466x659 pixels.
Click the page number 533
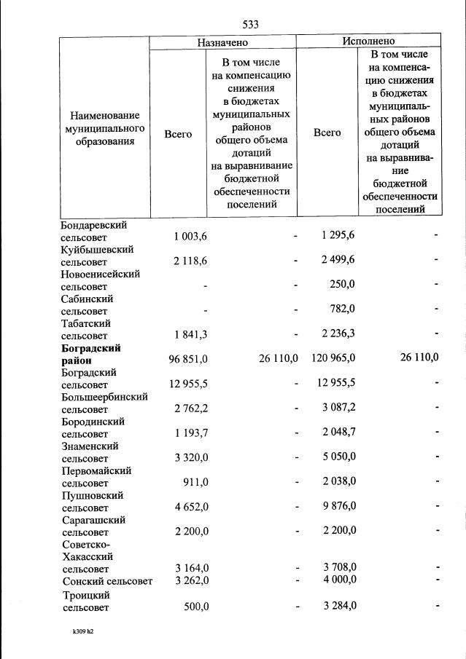(x=251, y=25)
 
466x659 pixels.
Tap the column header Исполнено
(x=368, y=42)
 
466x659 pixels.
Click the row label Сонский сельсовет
(x=108, y=580)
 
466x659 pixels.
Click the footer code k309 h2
(x=77, y=631)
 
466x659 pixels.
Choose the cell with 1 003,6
(x=190, y=236)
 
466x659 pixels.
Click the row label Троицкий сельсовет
(x=88, y=600)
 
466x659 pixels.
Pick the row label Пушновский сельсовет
(x=93, y=501)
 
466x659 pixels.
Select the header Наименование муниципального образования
(x=104, y=128)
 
